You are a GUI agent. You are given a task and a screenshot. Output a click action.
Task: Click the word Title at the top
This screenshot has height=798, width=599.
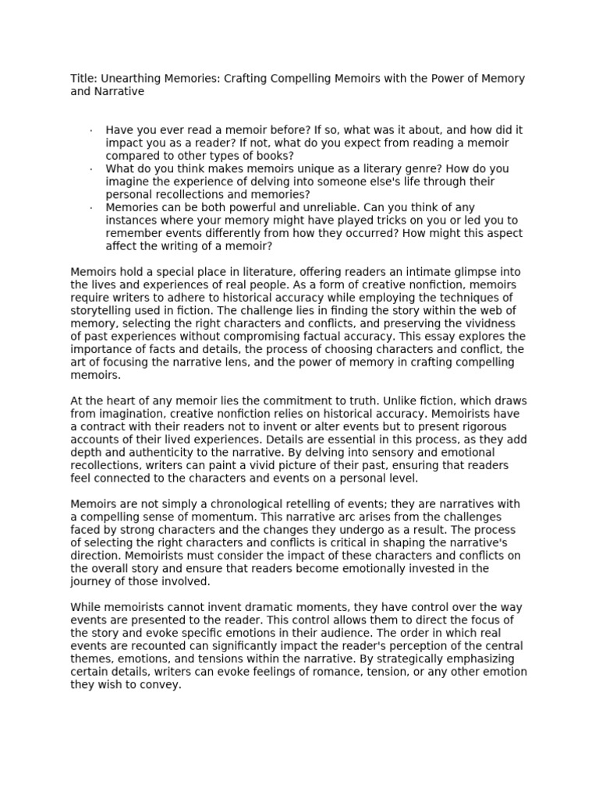(x=82, y=79)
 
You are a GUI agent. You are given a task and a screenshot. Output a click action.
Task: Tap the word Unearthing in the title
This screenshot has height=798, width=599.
(x=129, y=79)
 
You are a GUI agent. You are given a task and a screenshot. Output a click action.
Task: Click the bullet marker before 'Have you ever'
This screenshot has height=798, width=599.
(x=91, y=129)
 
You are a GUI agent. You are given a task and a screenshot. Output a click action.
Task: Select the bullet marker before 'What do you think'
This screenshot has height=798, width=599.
(x=91, y=168)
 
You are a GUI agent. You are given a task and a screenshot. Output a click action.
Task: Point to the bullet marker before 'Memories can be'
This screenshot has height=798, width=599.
(x=91, y=207)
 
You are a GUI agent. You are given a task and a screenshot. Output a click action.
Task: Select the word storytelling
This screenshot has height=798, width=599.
(x=103, y=309)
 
